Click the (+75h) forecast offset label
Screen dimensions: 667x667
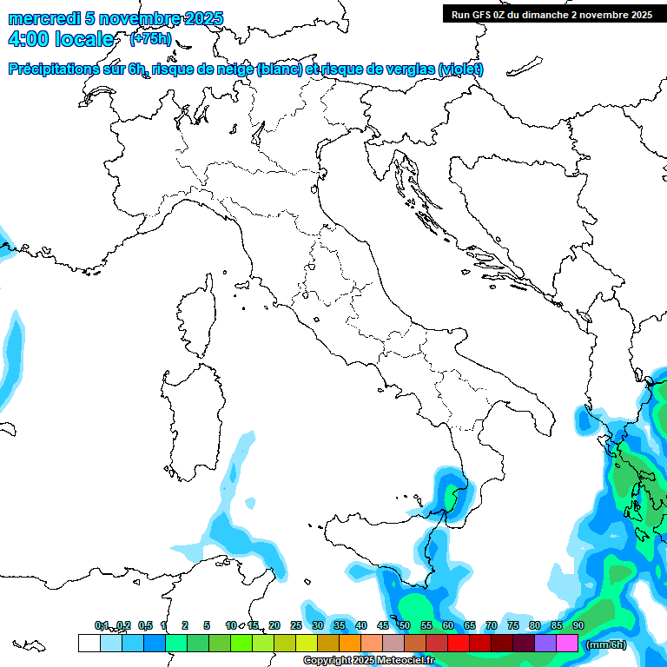tap(151, 39)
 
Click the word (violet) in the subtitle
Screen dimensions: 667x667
tap(460, 69)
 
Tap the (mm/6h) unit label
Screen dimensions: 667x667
tap(606, 644)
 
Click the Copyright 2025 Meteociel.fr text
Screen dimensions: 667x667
tap(368, 661)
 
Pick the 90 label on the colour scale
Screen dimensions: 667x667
tap(578, 625)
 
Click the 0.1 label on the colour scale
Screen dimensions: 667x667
tap(102, 625)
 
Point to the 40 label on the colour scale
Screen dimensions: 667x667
tap(361, 625)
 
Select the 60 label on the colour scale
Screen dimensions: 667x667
tap(448, 625)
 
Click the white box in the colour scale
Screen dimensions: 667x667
tap(89, 643)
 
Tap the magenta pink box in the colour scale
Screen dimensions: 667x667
tap(567, 643)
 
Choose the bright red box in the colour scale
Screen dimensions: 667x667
tap(459, 643)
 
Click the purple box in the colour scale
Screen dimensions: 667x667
tap(545, 643)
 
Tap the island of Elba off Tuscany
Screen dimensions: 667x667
tap(243, 286)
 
